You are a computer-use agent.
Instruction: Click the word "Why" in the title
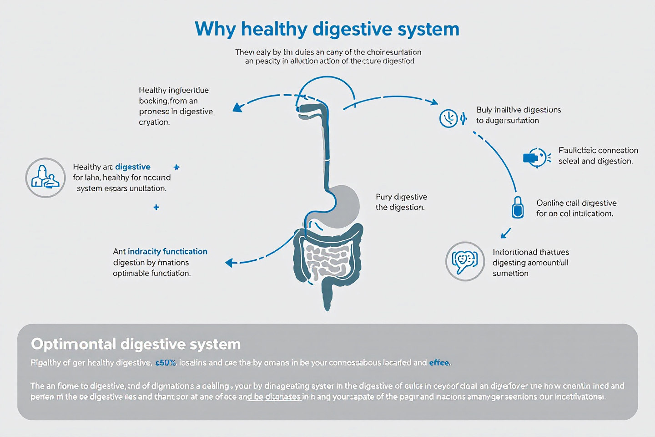[215, 29]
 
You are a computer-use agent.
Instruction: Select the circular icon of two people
[45, 178]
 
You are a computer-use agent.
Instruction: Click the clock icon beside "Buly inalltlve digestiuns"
[448, 118]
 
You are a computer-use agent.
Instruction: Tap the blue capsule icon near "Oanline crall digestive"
[518, 208]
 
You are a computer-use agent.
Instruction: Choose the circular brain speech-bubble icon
[465, 261]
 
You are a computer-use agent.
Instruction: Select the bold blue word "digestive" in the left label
[133, 167]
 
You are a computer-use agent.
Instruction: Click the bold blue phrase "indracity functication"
[167, 251]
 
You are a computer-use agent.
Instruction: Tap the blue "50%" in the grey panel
[166, 363]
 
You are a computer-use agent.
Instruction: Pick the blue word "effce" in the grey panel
[439, 363]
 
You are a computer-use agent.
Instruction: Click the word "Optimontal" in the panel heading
[73, 344]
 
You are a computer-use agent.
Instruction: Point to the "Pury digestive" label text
[401, 197]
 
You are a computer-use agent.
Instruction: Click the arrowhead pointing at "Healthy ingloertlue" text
[237, 107]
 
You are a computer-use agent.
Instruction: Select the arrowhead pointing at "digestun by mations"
[230, 263]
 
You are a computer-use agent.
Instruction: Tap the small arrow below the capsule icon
[504, 234]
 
